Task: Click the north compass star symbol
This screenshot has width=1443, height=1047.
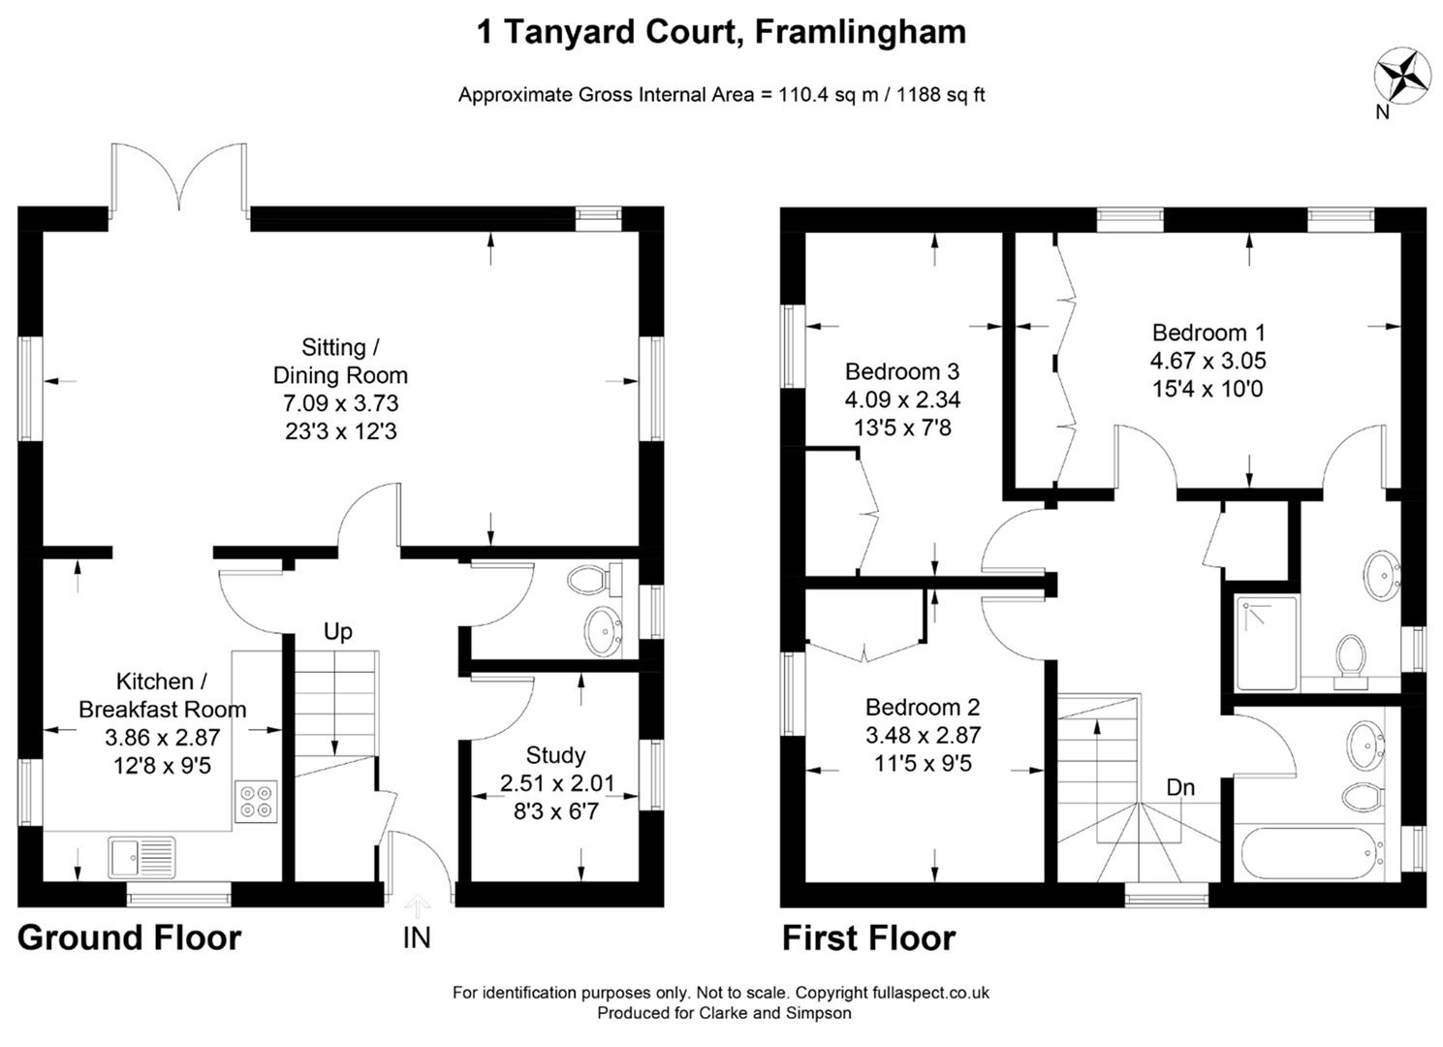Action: tap(1403, 76)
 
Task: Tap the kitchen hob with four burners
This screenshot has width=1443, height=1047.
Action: tap(256, 802)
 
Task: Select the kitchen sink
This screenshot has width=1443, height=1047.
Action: tap(141, 857)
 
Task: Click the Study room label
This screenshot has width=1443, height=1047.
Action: tap(555, 754)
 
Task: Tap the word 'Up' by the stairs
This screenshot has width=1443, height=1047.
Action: tap(337, 632)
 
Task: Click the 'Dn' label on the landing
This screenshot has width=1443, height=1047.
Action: tap(1179, 787)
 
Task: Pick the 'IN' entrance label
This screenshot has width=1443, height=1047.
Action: tap(417, 937)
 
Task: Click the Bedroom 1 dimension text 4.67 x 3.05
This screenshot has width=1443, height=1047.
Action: tap(1208, 361)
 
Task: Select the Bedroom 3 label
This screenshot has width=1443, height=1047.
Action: tap(901, 371)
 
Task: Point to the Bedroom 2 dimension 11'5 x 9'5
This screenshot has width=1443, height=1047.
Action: tap(923, 763)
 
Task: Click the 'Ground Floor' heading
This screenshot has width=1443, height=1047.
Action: tap(129, 937)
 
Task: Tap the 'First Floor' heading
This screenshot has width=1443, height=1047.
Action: tap(868, 938)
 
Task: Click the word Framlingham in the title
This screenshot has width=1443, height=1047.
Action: tap(860, 32)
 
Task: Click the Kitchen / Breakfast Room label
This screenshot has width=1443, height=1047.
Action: tap(162, 695)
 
